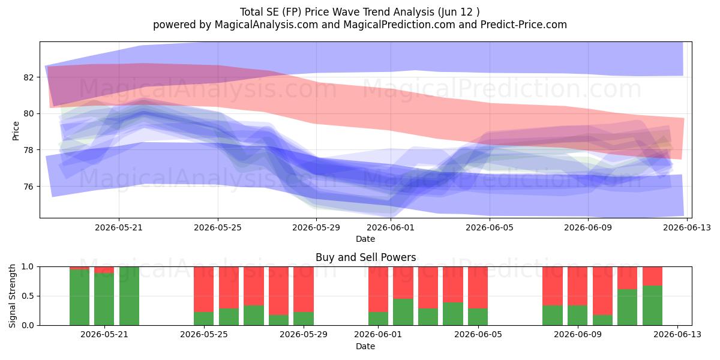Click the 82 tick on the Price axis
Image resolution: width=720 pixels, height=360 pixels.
pos(29,77)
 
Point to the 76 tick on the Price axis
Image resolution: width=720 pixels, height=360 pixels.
pos(29,187)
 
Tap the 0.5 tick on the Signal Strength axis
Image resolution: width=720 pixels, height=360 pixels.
pos(28,296)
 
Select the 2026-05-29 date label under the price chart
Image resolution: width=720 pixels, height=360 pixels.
pos(316,227)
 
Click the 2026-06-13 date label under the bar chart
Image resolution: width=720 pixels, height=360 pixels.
pos(677,335)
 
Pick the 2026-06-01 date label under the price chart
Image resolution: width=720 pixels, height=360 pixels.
pos(391,227)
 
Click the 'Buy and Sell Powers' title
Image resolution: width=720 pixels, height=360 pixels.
pos(366,257)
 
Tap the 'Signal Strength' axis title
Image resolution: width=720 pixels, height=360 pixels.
pos(12,296)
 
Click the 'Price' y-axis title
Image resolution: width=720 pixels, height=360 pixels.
pos(16,131)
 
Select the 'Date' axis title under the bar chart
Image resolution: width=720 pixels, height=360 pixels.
pos(365,346)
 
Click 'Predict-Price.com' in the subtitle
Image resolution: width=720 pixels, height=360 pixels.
pos(524,25)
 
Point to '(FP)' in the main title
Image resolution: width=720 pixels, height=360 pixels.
pos(292,12)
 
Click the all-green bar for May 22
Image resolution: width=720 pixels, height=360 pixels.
pos(129,296)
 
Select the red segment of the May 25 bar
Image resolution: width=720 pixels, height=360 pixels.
pos(203,289)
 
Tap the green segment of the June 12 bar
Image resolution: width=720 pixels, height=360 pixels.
pos(652,305)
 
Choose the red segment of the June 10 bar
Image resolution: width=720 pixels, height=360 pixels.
pos(602,291)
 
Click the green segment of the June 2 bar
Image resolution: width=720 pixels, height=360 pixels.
pos(403,312)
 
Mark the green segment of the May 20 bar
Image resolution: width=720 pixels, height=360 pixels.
pos(79,298)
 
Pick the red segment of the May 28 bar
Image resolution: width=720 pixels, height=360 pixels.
pos(278,291)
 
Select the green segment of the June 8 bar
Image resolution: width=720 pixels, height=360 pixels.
pos(553,316)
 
